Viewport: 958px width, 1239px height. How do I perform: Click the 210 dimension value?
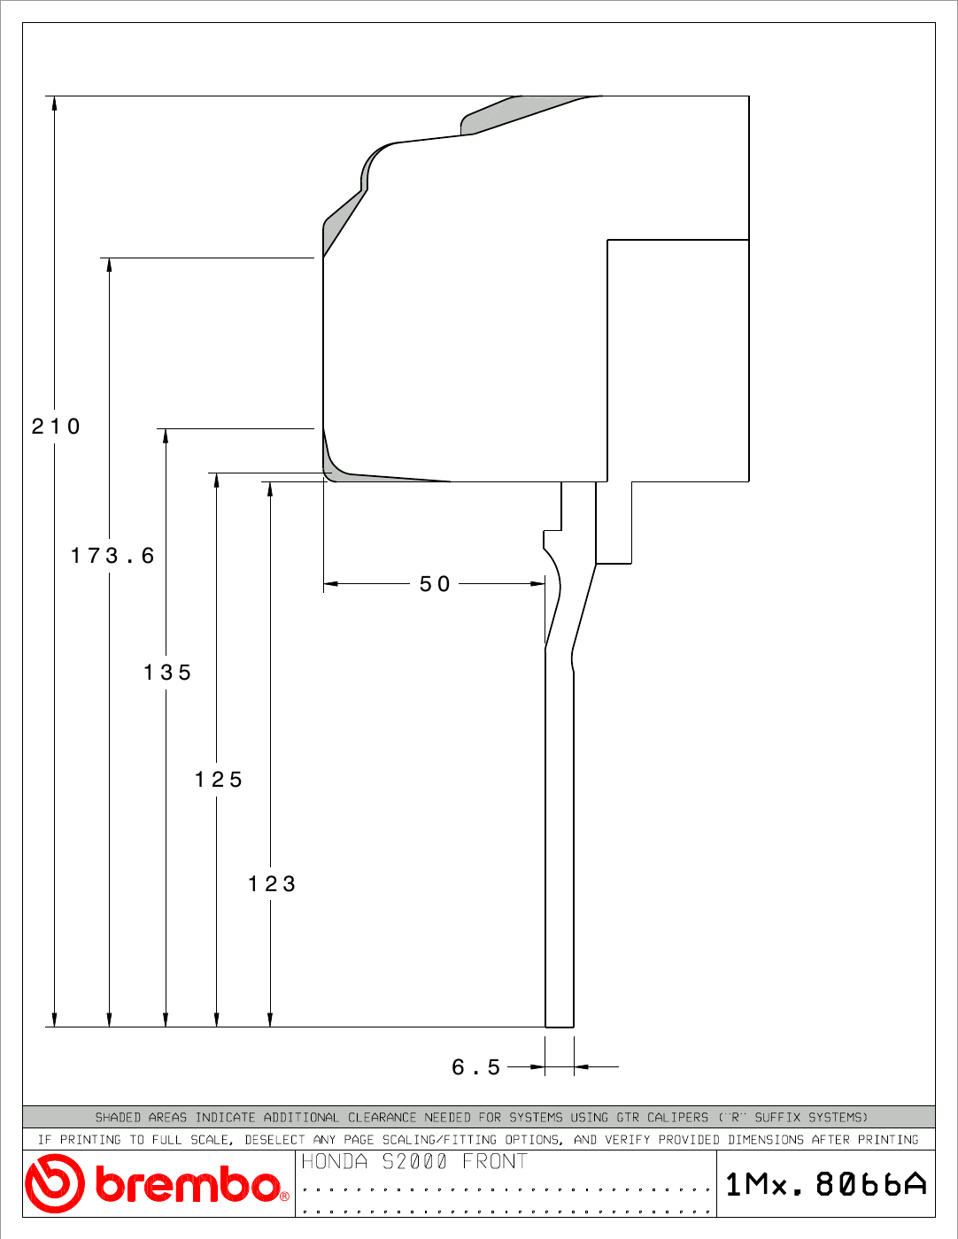[55, 426]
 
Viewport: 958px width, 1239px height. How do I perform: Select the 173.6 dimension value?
[112, 556]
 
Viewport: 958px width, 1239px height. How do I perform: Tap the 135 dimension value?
[166, 673]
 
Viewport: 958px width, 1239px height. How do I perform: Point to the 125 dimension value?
[219, 780]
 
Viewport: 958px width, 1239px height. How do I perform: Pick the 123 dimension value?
[272, 884]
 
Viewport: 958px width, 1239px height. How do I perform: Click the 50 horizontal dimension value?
[435, 584]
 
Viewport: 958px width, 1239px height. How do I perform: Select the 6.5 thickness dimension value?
[475, 1067]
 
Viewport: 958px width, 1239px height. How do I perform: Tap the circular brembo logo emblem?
[55, 1183]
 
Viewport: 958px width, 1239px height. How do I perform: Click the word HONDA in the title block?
[334, 1161]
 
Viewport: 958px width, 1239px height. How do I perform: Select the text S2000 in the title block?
[414, 1161]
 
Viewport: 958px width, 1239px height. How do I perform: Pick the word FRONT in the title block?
[495, 1161]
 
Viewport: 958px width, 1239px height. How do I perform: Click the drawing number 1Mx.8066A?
[826, 1184]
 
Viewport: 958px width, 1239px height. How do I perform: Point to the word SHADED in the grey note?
[118, 1118]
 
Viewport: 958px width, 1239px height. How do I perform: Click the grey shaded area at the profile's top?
[514, 114]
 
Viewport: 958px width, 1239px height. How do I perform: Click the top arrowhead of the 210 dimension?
[55, 103]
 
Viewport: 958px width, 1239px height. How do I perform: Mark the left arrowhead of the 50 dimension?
[331, 584]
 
